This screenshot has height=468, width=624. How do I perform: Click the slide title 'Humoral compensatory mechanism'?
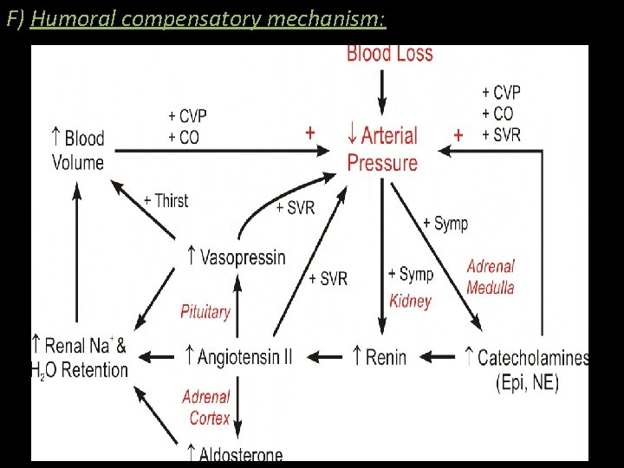click(x=208, y=18)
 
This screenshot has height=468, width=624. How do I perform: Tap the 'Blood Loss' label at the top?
click(x=389, y=54)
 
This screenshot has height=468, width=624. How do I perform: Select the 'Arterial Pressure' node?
click(x=382, y=149)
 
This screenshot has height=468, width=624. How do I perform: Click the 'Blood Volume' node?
click(x=77, y=150)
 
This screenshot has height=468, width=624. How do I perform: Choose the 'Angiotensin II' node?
click(x=238, y=356)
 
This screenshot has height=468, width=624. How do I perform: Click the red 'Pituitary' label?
click(x=205, y=312)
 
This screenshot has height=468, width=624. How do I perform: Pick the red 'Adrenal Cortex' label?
click(x=206, y=407)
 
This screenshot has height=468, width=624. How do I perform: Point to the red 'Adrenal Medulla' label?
click(x=491, y=276)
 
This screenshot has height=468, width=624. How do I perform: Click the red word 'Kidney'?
click(x=410, y=302)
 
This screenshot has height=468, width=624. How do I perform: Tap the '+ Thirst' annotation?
click(x=166, y=200)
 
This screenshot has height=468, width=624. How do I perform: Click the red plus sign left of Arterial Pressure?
click(x=309, y=133)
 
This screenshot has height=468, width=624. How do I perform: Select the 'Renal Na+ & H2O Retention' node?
click(x=80, y=358)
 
